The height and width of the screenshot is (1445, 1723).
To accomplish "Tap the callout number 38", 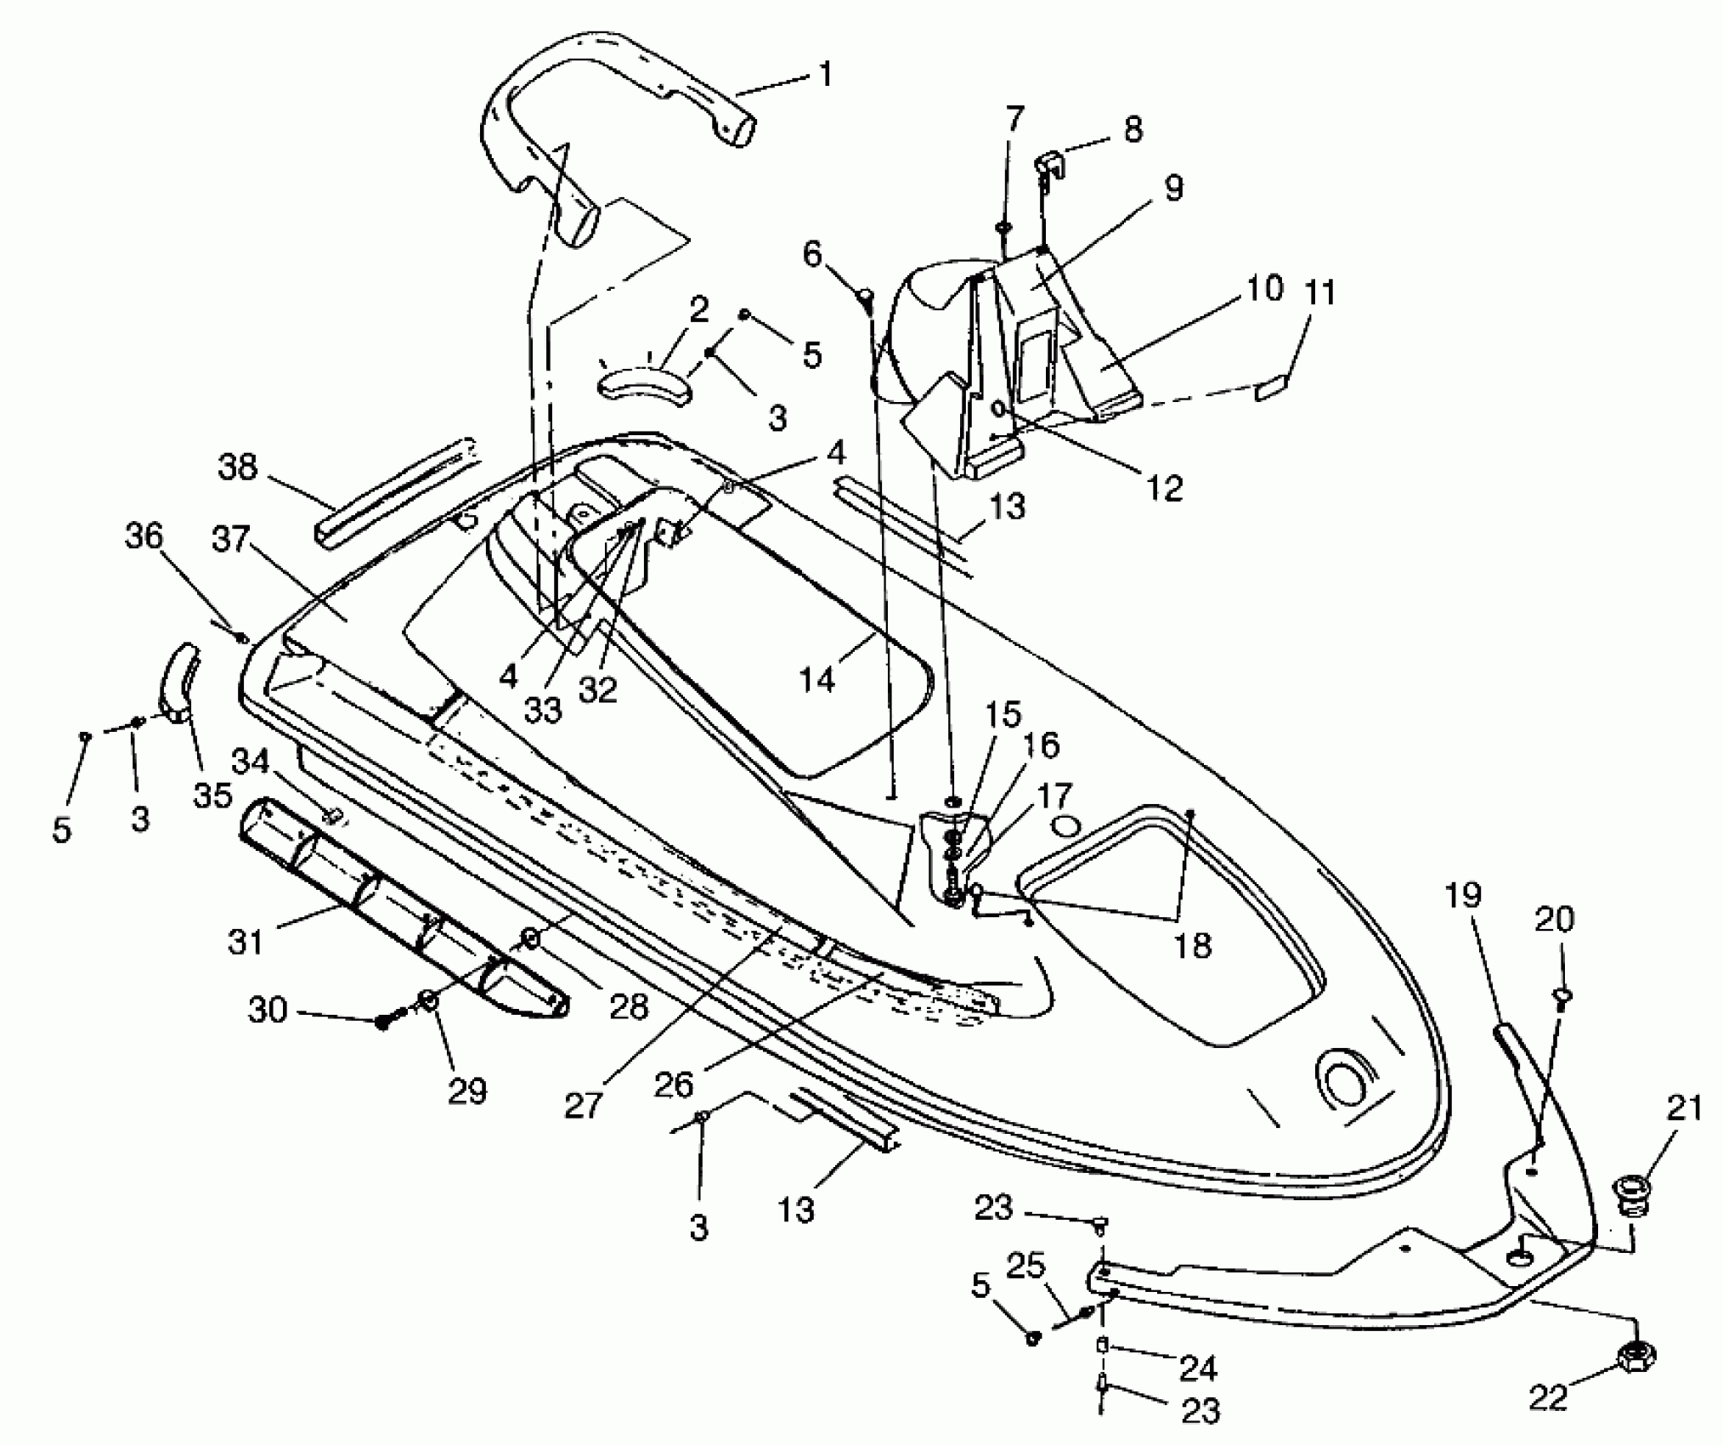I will pyautogui.click(x=237, y=467).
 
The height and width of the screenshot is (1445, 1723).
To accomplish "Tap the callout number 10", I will pyautogui.click(x=1265, y=288).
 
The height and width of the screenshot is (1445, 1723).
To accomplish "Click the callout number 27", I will pyautogui.click(x=583, y=1105).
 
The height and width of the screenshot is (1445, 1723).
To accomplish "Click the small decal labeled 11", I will pyautogui.click(x=1269, y=390).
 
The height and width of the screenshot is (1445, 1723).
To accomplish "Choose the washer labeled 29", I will pyautogui.click(x=429, y=1000).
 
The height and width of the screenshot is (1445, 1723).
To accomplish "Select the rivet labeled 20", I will pyautogui.click(x=1562, y=994).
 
